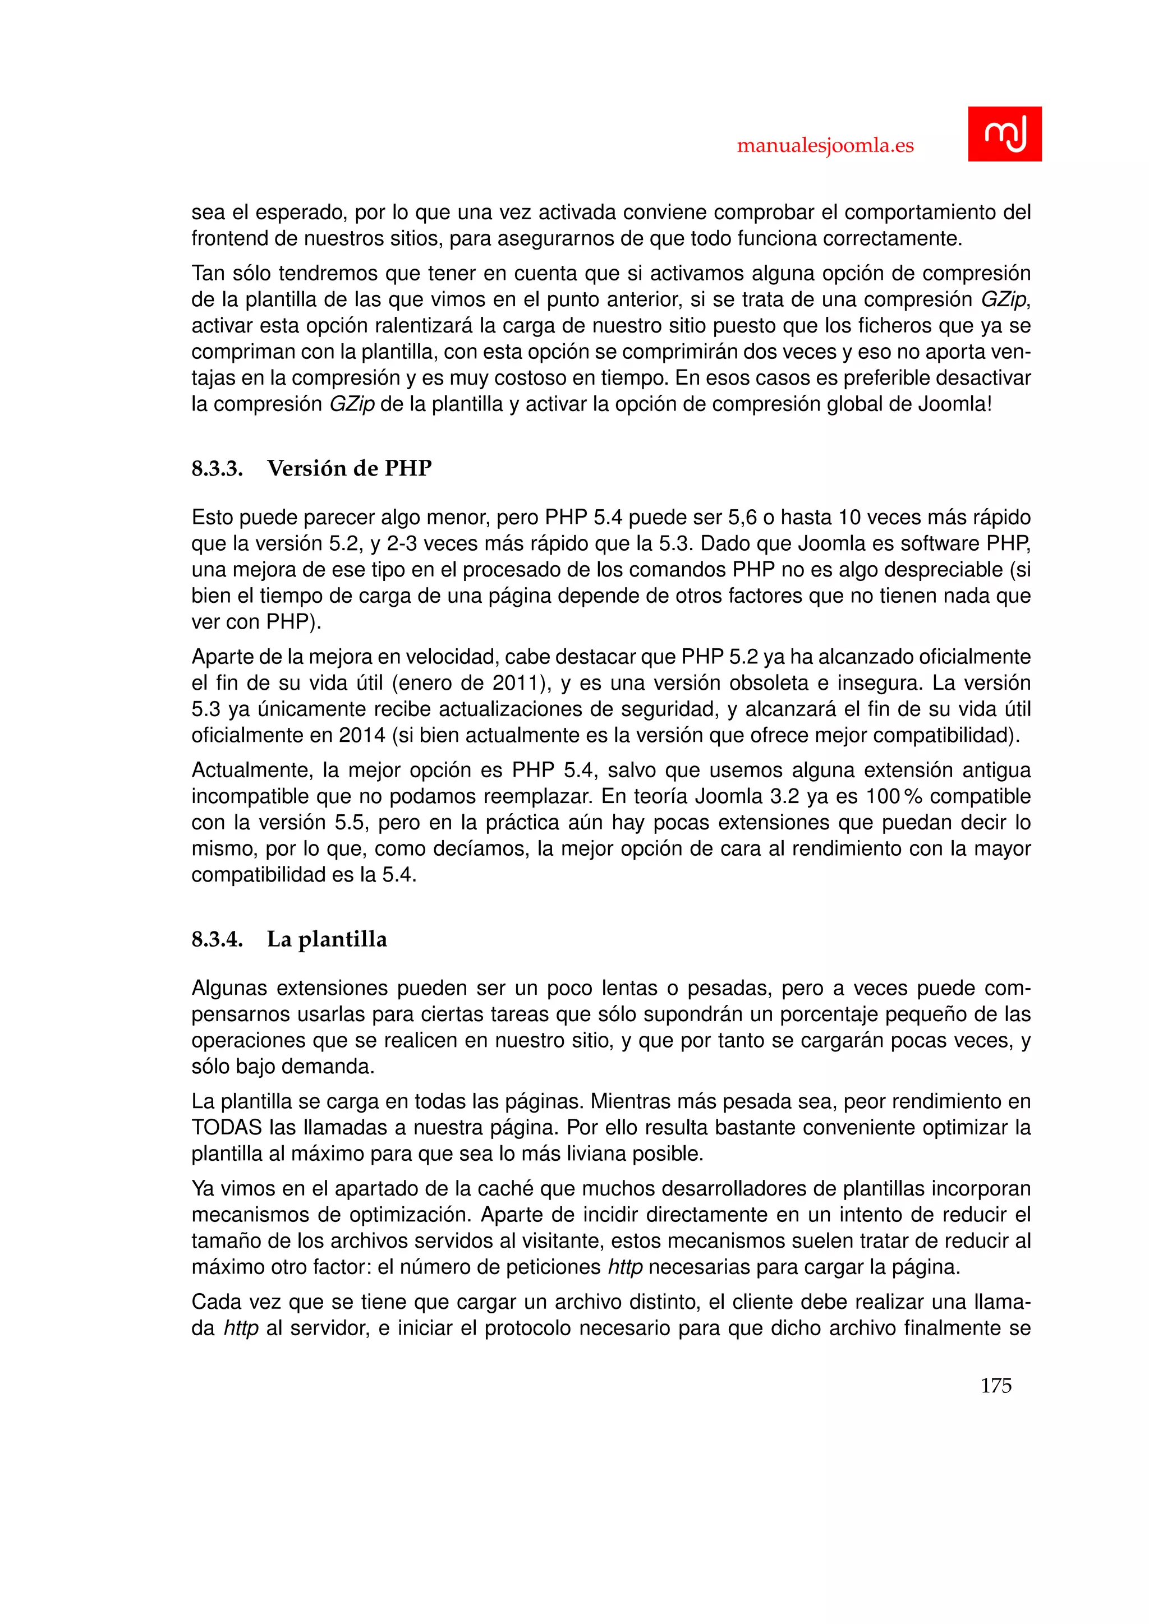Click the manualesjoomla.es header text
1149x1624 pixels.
[x=825, y=146]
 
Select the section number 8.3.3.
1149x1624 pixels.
[x=217, y=468]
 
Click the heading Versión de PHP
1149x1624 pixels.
[x=349, y=468]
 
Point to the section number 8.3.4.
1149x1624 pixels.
[x=217, y=939]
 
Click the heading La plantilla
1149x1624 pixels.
[x=327, y=939]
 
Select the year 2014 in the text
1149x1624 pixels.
[x=361, y=736]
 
